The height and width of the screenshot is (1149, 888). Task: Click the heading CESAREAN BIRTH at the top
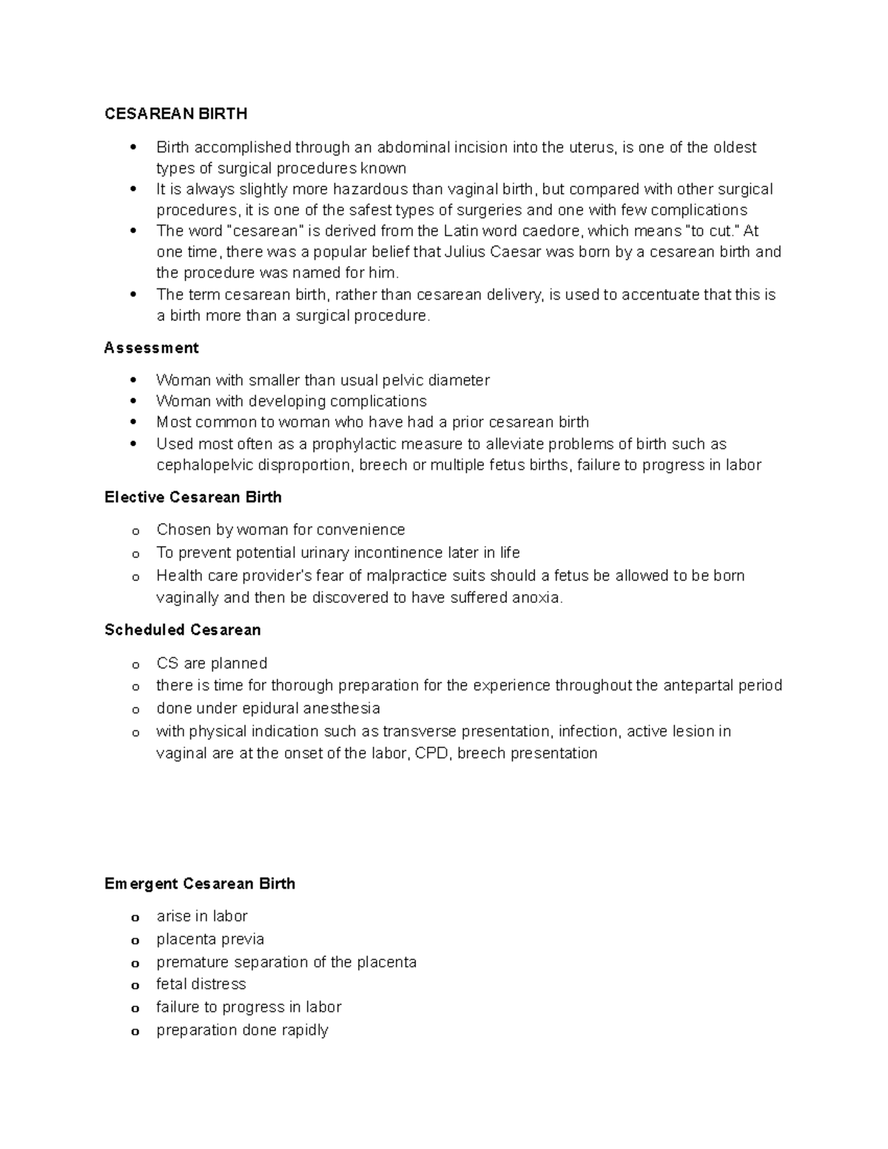[x=176, y=114]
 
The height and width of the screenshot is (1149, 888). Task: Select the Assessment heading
[x=152, y=348]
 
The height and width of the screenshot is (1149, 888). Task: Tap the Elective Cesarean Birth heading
[x=193, y=497]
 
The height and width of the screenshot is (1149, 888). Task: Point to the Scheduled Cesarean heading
[x=183, y=630]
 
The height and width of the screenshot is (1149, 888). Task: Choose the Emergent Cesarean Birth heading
[x=200, y=883]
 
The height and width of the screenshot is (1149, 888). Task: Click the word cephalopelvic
[x=204, y=465]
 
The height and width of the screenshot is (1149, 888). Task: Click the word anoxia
[x=537, y=598]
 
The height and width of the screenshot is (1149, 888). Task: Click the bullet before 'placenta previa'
[x=135, y=941]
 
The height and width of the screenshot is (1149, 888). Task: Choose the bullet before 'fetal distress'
[x=135, y=986]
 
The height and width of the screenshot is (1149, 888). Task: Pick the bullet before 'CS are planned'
[x=135, y=665]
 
